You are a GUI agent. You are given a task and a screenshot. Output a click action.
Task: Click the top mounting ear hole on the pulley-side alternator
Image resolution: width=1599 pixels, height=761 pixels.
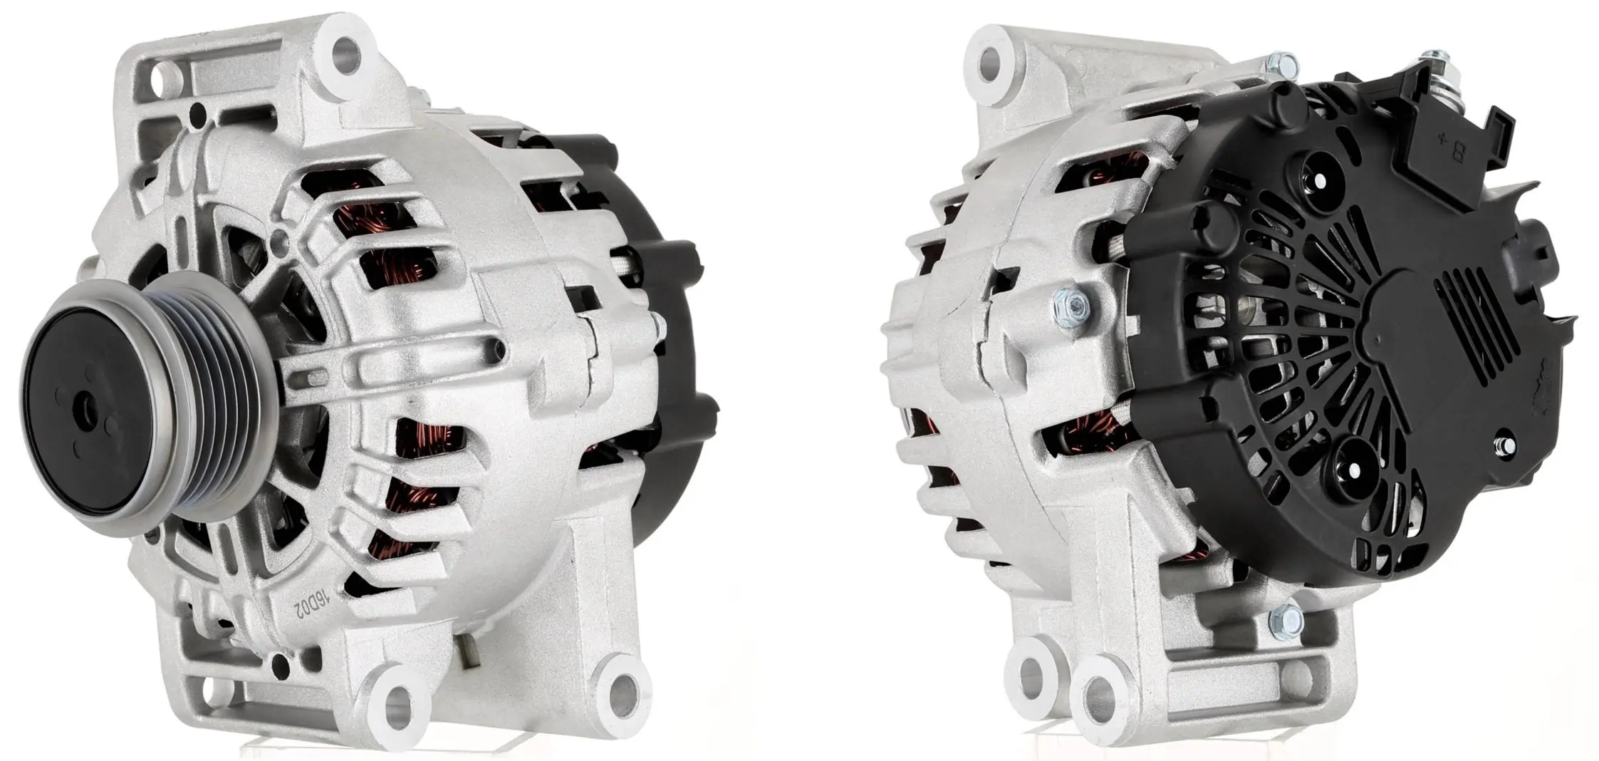pyautogui.click(x=346, y=48)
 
